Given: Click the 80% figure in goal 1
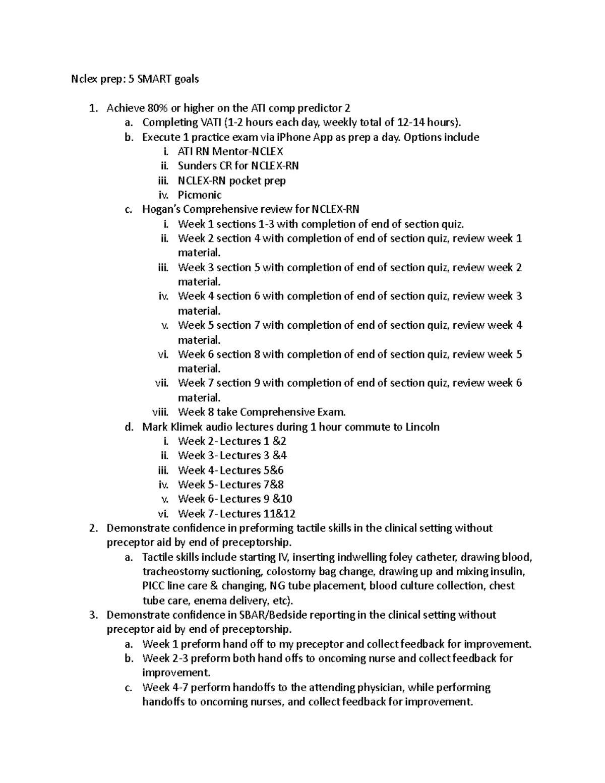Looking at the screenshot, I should coord(158,108).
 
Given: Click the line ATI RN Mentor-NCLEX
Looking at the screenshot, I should coord(230,151).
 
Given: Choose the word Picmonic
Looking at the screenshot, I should coord(200,195).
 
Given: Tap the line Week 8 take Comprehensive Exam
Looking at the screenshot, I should coord(262,412).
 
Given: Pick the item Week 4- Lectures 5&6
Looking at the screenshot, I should coord(230,470).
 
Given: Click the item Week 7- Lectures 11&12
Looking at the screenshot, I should coord(236,514).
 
